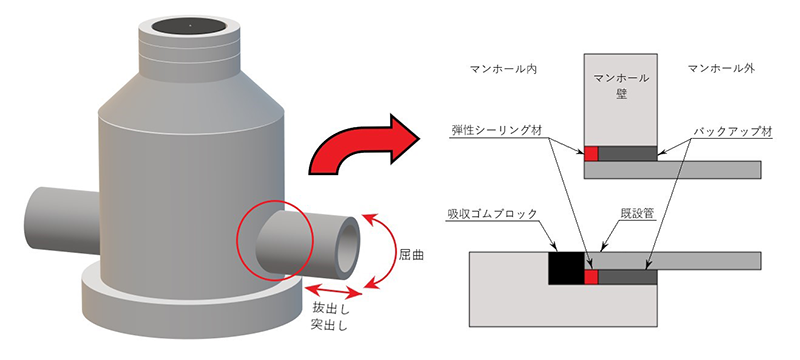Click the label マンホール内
(504, 68)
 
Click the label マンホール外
(721, 68)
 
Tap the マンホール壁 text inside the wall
(621, 86)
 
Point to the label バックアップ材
(732, 131)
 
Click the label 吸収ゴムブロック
(490, 214)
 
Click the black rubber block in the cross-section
(565, 268)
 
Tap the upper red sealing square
(591, 153)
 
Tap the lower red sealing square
(591, 277)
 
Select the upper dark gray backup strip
(627, 153)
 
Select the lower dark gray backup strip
(627, 277)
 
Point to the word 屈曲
(411, 254)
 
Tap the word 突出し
(330, 325)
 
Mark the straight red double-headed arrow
(334, 291)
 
